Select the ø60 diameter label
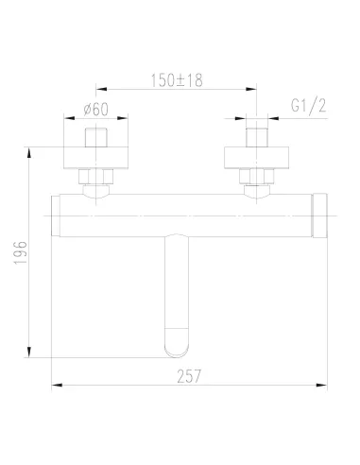point(95,108)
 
